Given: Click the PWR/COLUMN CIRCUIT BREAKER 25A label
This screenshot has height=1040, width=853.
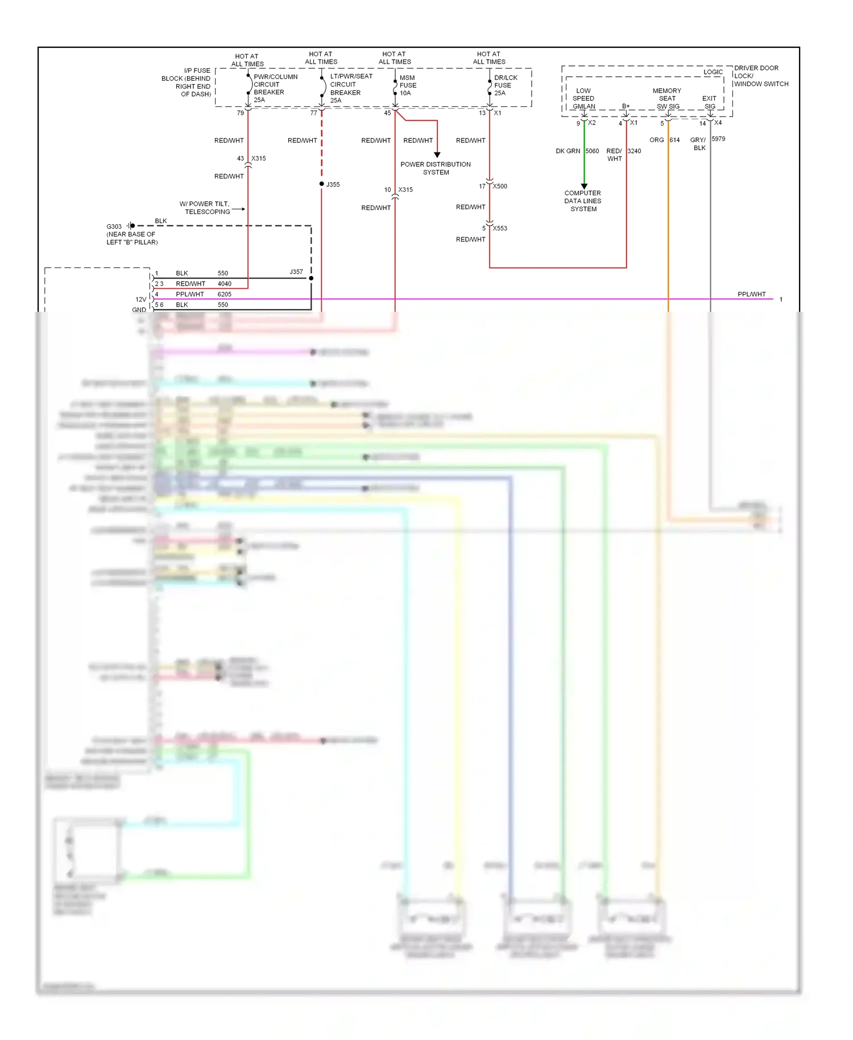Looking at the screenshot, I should (x=275, y=88).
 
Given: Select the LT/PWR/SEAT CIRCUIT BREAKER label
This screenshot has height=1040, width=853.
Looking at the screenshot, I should (x=350, y=88).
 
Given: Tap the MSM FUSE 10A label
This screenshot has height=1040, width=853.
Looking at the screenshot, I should (x=408, y=85).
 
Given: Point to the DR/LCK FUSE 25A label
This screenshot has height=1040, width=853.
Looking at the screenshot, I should (x=505, y=85).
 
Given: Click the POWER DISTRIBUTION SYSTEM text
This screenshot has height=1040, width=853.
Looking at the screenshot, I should (x=436, y=168).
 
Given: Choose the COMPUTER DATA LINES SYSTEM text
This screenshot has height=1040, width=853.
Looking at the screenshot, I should (x=583, y=201).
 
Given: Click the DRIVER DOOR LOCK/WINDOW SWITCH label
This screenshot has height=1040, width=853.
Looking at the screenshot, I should (x=761, y=76).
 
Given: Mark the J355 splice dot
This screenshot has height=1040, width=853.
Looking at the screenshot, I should (x=322, y=184).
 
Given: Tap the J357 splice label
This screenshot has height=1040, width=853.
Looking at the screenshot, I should (x=296, y=272).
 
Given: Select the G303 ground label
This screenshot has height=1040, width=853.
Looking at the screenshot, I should (x=114, y=226).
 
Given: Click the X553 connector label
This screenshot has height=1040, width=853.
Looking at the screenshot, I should (x=500, y=228).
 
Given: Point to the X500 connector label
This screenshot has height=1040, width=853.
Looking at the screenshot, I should (x=500, y=186).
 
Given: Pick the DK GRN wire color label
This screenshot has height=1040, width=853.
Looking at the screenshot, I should (x=568, y=151).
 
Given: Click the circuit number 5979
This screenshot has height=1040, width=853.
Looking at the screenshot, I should (x=718, y=139).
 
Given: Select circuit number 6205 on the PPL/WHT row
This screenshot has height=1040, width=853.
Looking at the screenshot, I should (x=225, y=294).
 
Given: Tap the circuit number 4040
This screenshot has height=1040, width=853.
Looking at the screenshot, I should (x=225, y=283).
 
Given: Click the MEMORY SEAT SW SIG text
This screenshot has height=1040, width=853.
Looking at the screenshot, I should (x=667, y=98).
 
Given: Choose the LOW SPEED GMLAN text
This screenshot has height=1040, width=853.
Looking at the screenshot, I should (x=583, y=98).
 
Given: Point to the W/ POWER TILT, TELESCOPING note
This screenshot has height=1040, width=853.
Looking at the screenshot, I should (x=205, y=208).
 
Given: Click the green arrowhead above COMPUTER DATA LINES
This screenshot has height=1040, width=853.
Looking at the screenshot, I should (x=584, y=186).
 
